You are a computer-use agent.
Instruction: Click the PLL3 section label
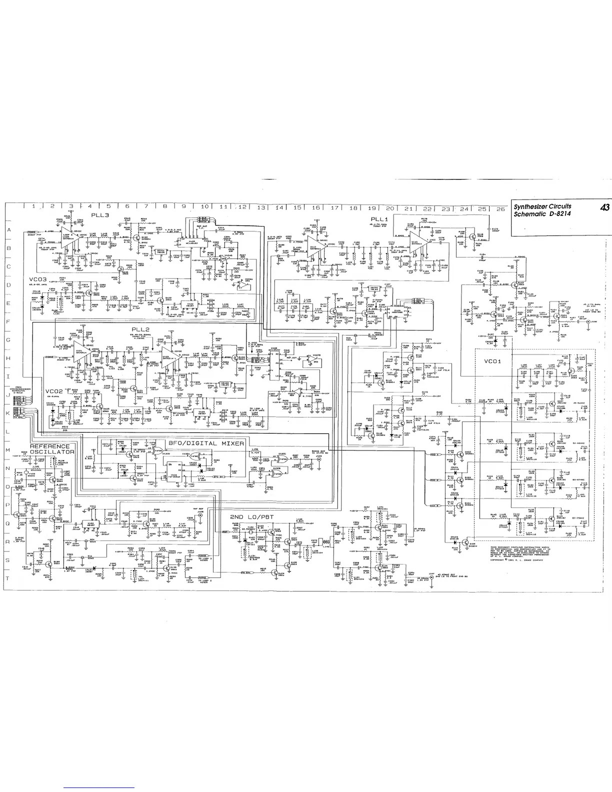coord(100,215)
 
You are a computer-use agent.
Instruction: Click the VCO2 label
coord(54,391)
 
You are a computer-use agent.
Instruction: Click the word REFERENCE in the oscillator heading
coord(50,446)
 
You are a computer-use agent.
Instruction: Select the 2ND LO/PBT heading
coord(248,516)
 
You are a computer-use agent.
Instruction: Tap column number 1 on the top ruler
coord(33,206)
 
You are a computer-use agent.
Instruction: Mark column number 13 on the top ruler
coord(260,207)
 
